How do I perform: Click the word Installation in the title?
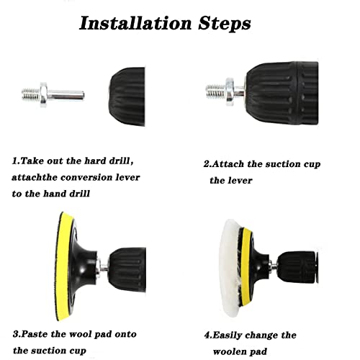pyautogui.click(x=135, y=23)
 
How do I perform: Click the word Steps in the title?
pyautogui.click(x=225, y=24)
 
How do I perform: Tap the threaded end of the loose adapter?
pyautogui.click(x=31, y=94)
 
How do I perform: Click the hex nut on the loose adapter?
pyautogui.click(x=44, y=94)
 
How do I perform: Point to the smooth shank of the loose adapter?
pyautogui.click(x=66, y=95)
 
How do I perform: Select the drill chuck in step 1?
pyautogui.click(x=127, y=96)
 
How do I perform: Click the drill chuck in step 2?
pyautogui.click(x=282, y=93)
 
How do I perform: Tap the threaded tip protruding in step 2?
pyautogui.click(x=215, y=91)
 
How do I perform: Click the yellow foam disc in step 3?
pyautogui.click(x=63, y=266)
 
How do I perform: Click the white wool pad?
pyautogui.click(x=229, y=267)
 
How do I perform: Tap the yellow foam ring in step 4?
pyautogui.click(x=246, y=267)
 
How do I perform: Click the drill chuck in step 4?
pyautogui.click(x=297, y=267)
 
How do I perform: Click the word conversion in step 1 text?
pyautogui.click(x=86, y=178)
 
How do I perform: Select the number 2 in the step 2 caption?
pyautogui.click(x=207, y=164)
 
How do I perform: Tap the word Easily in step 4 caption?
pyautogui.click(x=227, y=336)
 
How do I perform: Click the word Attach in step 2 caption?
pyautogui.click(x=228, y=164)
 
